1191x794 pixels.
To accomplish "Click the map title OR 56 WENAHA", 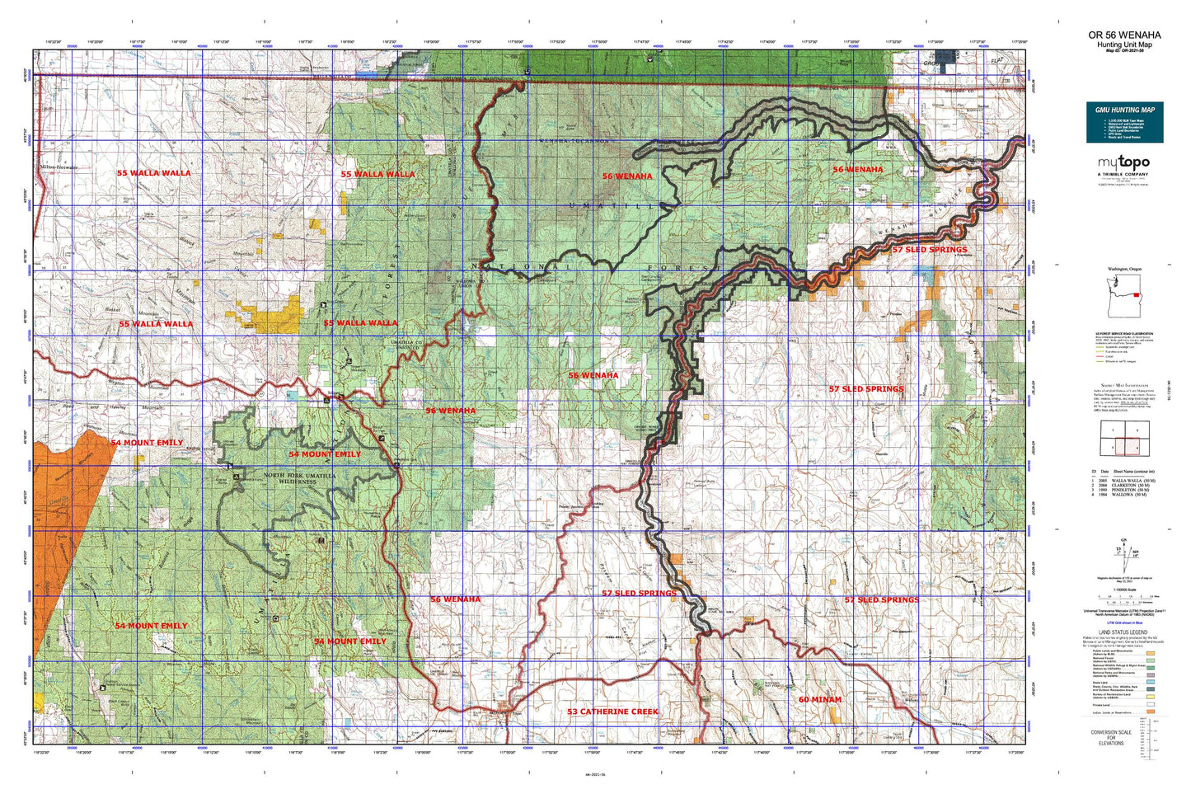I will (1124, 35).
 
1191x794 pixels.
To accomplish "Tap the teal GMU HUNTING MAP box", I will (1124, 122).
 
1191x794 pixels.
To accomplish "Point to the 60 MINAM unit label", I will (819, 699).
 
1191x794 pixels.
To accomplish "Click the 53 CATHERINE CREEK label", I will (612, 711).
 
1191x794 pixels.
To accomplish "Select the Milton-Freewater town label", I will (58, 167).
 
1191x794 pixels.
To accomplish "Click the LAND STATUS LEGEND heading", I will (1124, 632).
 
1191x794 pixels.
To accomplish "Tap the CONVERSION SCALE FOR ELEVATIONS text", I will (1109, 737).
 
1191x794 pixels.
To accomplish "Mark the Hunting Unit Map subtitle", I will (1124, 45).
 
